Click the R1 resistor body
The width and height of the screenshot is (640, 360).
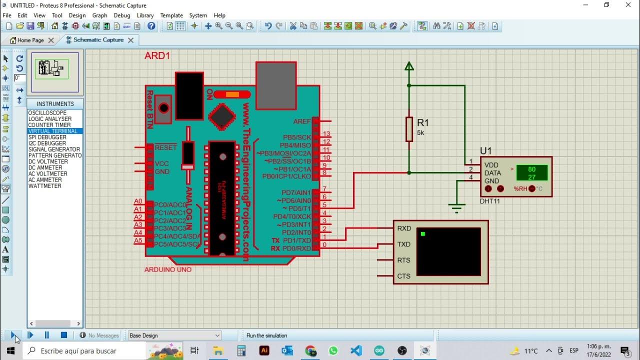[x=409, y=129]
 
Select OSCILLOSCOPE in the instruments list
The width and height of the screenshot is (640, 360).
[x=47, y=113]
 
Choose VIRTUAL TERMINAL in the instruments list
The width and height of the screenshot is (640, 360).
[x=52, y=131]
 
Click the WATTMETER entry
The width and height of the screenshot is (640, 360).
[x=45, y=186]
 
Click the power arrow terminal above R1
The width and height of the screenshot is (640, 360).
[x=409, y=66]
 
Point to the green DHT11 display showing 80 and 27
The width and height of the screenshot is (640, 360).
[x=531, y=173]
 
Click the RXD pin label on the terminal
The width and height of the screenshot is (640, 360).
[x=404, y=228]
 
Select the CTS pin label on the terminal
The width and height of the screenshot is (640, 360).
[x=403, y=276]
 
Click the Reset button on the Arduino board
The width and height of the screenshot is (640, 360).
[x=163, y=108]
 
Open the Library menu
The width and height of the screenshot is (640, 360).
[x=145, y=15]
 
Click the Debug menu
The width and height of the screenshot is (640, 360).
[x=122, y=15]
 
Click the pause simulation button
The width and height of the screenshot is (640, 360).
[x=47, y=335]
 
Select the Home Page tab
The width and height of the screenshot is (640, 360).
[x=30, y=40]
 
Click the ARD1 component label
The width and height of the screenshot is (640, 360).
[x=157, y=56]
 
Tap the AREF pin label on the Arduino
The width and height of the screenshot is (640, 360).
[x=302, y=121]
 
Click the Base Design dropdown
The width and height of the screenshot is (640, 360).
[x=174, y=335]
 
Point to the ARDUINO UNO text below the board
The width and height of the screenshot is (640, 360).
[x=168, y=269]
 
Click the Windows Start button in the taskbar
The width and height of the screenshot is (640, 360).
[x=10, y=350]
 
